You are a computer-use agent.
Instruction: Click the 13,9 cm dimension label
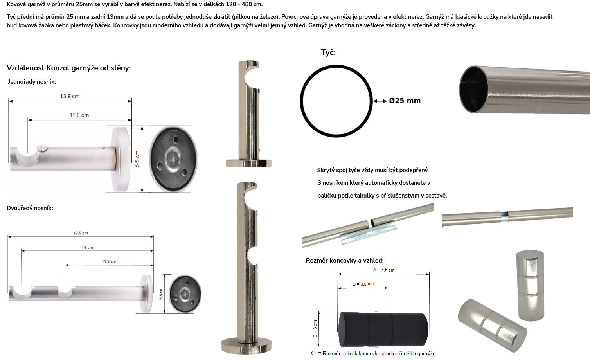[x=70, y=96]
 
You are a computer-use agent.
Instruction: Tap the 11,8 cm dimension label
[x=79, y=115]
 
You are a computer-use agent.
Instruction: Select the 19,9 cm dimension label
[x=81, y=233]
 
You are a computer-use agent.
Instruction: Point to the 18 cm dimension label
[x=87, y=247]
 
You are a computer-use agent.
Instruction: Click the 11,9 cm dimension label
[x=109, y=261]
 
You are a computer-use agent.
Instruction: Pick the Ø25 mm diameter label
[x=405, y=101]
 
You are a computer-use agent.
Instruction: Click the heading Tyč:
[x=328, y=52]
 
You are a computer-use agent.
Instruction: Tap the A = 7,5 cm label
[x=384, y=270]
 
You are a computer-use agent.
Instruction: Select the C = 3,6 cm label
[x=363, y=284]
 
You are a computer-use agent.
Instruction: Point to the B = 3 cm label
[x=315, y=329]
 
